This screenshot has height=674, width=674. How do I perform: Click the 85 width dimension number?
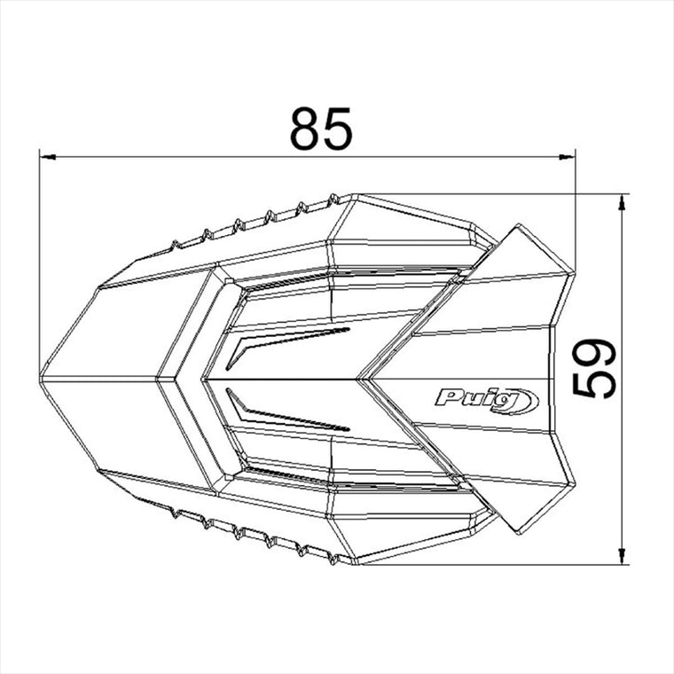coord(321,129)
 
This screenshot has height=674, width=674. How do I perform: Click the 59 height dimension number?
coord(594,368)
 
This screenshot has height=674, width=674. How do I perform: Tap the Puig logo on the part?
coord(487,401)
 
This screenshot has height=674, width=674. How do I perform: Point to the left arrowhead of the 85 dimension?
coord(47,157)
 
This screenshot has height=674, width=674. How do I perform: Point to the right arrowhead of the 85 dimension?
coord(567,157)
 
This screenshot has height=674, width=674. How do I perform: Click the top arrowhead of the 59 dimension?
coord(621,202)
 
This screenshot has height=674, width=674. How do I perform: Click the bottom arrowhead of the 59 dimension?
coord(621,556)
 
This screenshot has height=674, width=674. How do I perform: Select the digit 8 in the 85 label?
coord(305,129)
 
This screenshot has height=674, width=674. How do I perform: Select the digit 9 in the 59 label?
coord(594,353)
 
